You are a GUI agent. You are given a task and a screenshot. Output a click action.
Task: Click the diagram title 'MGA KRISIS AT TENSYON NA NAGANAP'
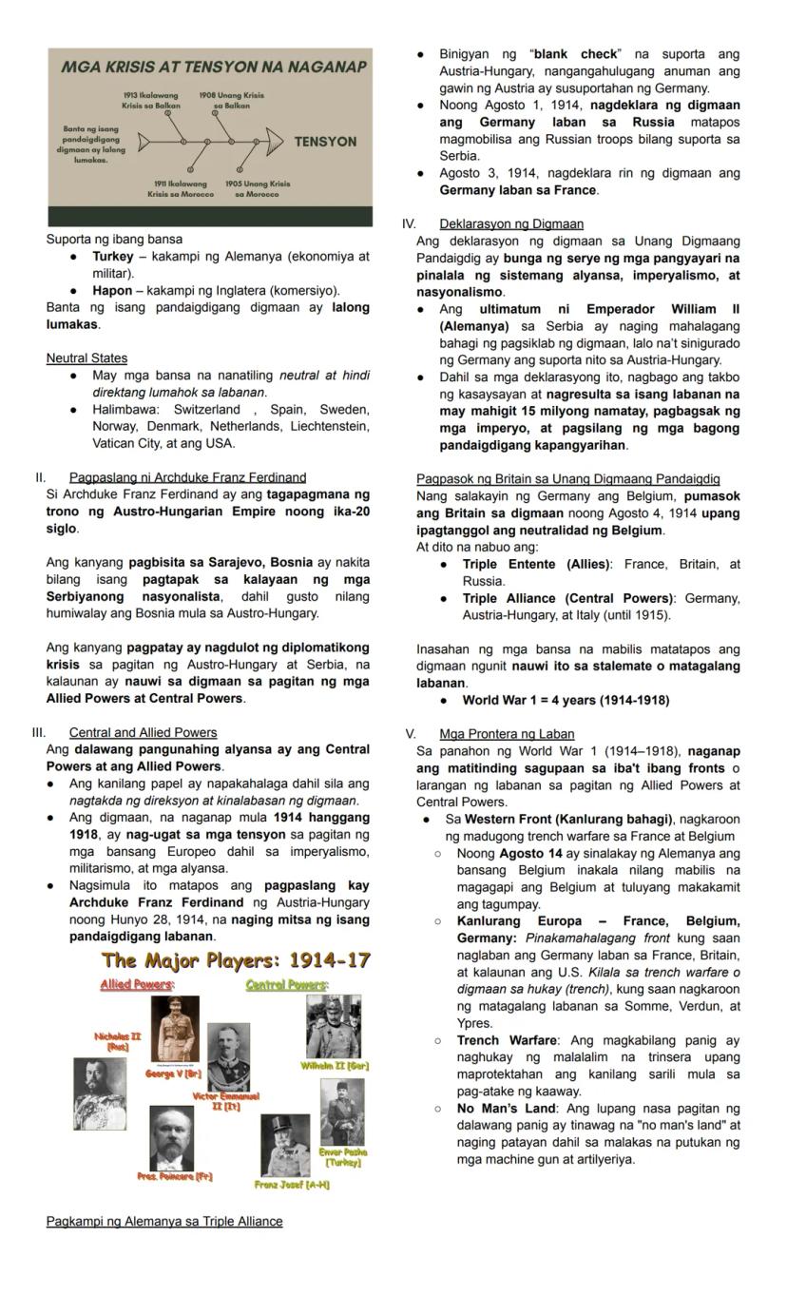[213, 68]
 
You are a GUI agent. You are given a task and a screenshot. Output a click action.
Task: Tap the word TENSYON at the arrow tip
[325, 142]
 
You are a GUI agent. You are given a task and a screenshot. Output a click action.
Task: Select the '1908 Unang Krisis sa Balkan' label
[231, 101]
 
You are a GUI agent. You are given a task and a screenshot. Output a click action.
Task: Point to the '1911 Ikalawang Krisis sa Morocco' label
[181, 188]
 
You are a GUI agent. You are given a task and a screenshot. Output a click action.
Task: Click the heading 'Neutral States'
[86, 358]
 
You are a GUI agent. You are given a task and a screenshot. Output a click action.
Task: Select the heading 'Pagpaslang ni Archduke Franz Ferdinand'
[187, 477]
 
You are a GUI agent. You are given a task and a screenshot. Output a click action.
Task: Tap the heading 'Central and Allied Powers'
[143, 732]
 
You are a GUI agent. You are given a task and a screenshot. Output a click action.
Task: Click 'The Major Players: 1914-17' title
[236, 960]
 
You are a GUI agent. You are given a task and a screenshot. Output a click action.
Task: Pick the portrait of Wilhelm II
[333, 1026]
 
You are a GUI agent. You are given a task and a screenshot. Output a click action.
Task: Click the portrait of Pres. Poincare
[171, 1137]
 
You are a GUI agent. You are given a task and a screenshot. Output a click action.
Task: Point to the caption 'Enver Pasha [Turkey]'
[343, 1157]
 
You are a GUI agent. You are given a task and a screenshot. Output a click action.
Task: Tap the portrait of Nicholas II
[99, 1093]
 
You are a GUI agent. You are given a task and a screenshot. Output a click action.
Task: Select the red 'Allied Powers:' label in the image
[137, 984]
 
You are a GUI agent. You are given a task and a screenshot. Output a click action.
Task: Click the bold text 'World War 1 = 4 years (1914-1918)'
[566, 701]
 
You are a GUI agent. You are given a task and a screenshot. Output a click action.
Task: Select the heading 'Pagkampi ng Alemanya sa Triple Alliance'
[164, 1222]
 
